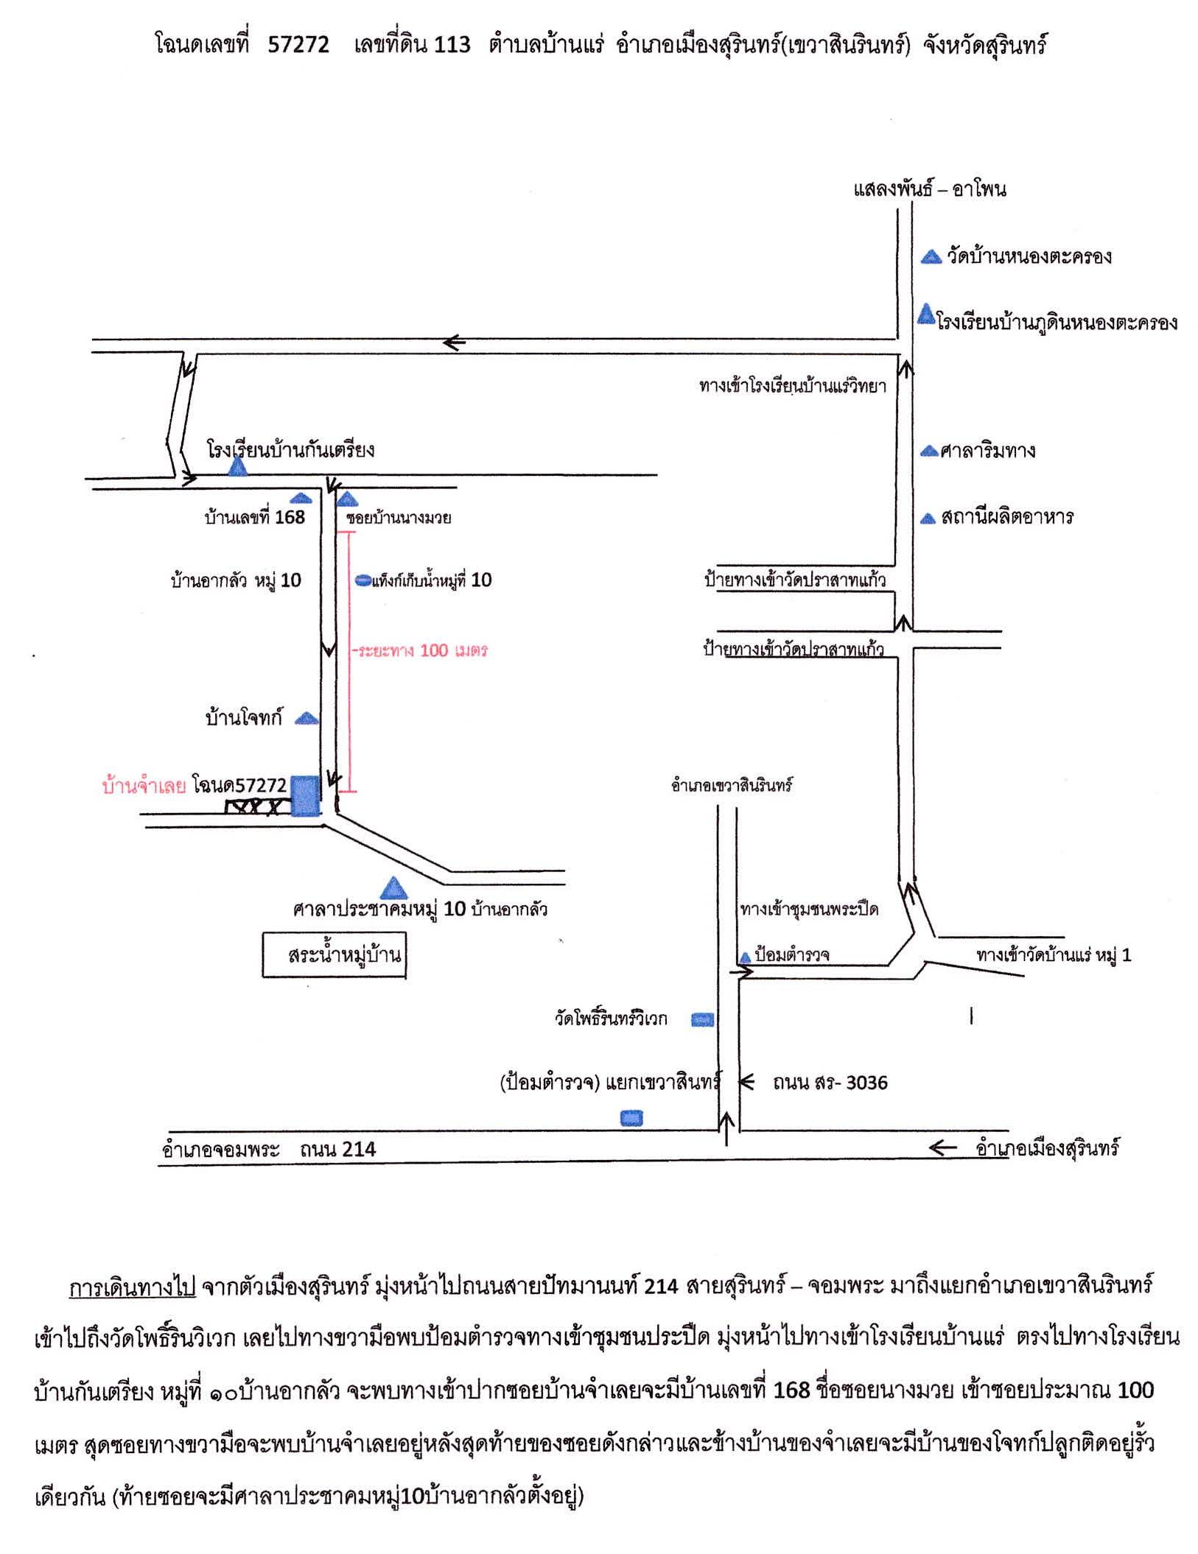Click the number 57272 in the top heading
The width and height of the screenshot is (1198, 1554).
coord(298,45)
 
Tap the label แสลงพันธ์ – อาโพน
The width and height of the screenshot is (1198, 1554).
coord(930,189)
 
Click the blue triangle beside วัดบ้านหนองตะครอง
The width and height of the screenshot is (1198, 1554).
coord(932,256)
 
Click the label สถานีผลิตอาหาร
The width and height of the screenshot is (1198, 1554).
coord(1007,517)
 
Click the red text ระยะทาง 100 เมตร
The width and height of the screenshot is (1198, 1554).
coord(422,650)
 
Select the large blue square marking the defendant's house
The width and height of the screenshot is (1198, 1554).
coord(305,795)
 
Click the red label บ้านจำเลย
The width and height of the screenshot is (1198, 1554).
coord(144,786)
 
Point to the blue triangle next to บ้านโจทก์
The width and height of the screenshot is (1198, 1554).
coord(306,717)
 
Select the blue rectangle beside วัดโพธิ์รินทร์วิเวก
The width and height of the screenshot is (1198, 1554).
coord(702,1019)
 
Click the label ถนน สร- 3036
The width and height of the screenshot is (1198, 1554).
coord(830,1083)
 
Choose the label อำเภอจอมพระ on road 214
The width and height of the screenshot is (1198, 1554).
coord(221,1149)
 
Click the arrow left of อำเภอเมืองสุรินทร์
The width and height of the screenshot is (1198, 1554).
coord(943,1147)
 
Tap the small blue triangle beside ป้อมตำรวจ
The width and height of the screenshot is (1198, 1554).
coord(745,957)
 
